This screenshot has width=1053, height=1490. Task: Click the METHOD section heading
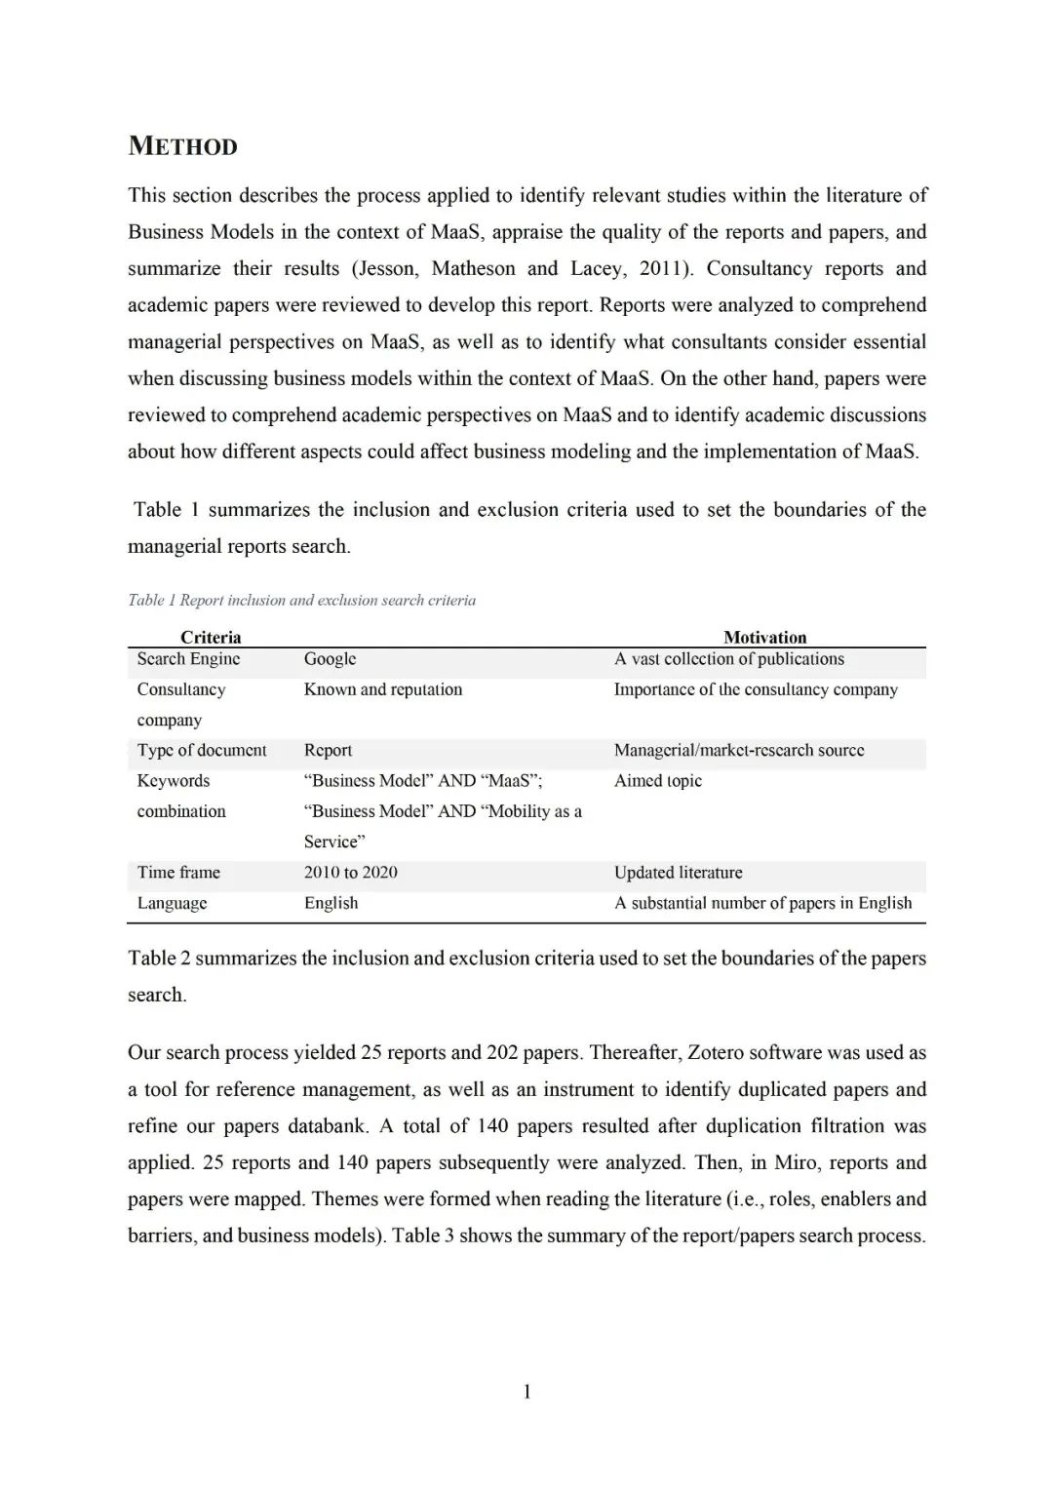pos(182,146)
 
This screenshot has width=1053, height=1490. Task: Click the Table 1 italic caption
pos(301,600)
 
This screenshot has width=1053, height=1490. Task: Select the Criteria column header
pos(211,637)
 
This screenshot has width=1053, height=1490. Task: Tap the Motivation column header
pos(764,637)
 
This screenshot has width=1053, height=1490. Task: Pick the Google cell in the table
pos(330,659)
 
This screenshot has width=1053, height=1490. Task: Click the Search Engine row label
pos(188,659)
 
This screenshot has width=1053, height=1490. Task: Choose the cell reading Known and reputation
pos(383,689)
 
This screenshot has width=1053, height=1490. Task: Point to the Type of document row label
pos(202,750)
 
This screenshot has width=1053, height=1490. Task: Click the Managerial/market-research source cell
pos(739,750)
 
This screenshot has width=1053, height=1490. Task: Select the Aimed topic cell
pos(658,780)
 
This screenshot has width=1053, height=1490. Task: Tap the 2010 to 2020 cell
pos(350,872)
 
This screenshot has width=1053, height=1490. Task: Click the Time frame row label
pos(178,872)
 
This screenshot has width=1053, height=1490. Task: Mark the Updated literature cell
pos(678,872)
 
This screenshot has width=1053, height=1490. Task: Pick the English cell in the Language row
pos(331,903)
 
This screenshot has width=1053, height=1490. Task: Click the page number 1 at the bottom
pos(527,1392)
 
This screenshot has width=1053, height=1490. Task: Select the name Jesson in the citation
pos(388,269)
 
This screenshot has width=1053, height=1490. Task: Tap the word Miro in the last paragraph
pos(796,1162)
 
